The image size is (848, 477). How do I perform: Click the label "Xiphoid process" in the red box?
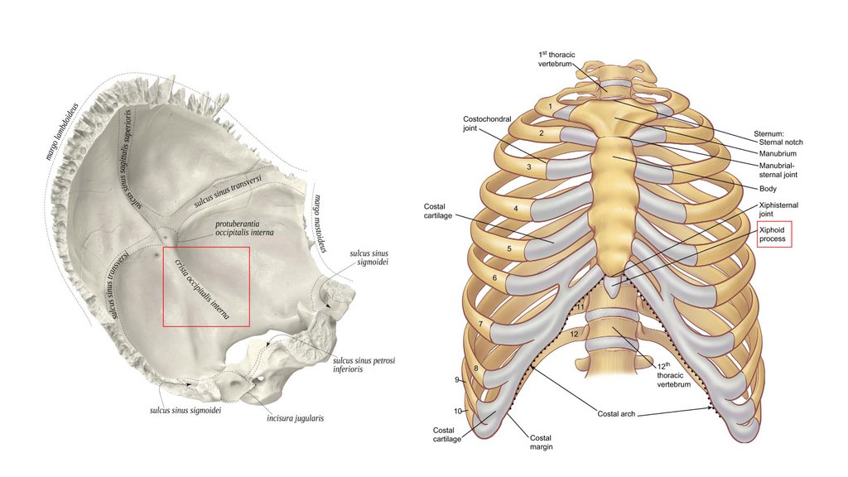pyautogui.click(x=775, y=234)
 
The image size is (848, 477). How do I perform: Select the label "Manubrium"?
pyautogui.click(x=778, y=154)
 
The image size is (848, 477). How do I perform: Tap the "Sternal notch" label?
pyautogui.click(x=783, y=142)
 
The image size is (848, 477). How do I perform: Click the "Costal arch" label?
pyautogui.click(x=615, y=413)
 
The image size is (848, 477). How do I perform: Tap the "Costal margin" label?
pyautogui.click(x=541, y=442)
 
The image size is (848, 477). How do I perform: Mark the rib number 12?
pyautogui.click(x=574, y=334)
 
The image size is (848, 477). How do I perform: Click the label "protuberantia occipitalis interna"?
pyautogui.click(x=244, y=229)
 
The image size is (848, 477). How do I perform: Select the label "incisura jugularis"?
pyautogui.click(x=295, y=418)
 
